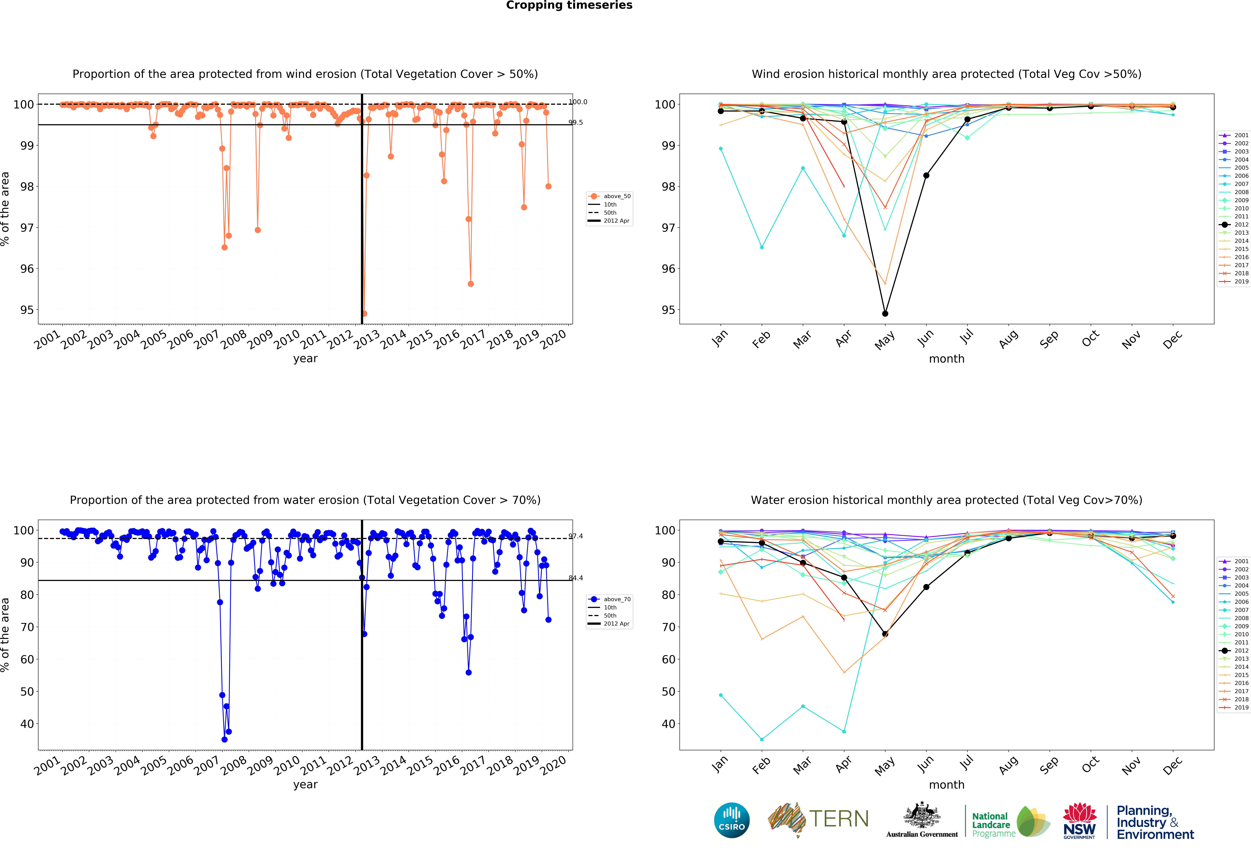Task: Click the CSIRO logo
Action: click(732, 820)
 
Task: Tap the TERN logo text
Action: click(839, 819)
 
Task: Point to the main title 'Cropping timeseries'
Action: click(569, 5)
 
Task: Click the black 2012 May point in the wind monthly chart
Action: click(885, 313)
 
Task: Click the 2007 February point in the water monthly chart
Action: click(762, 739)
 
